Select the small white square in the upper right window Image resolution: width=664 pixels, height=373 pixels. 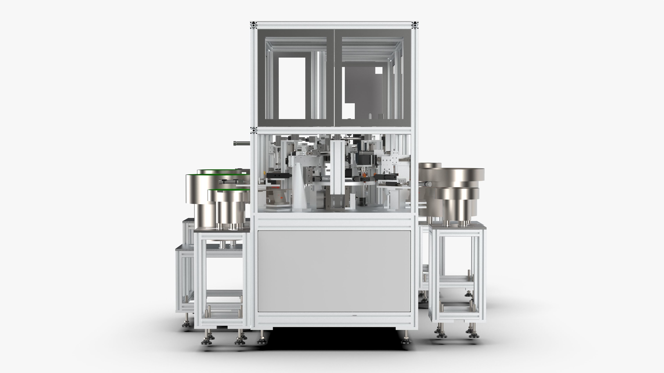(x=379, y=70)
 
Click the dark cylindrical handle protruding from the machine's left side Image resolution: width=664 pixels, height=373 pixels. (x=241, y=143)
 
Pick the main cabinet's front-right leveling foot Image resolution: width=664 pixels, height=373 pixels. (x=405, y=340)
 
